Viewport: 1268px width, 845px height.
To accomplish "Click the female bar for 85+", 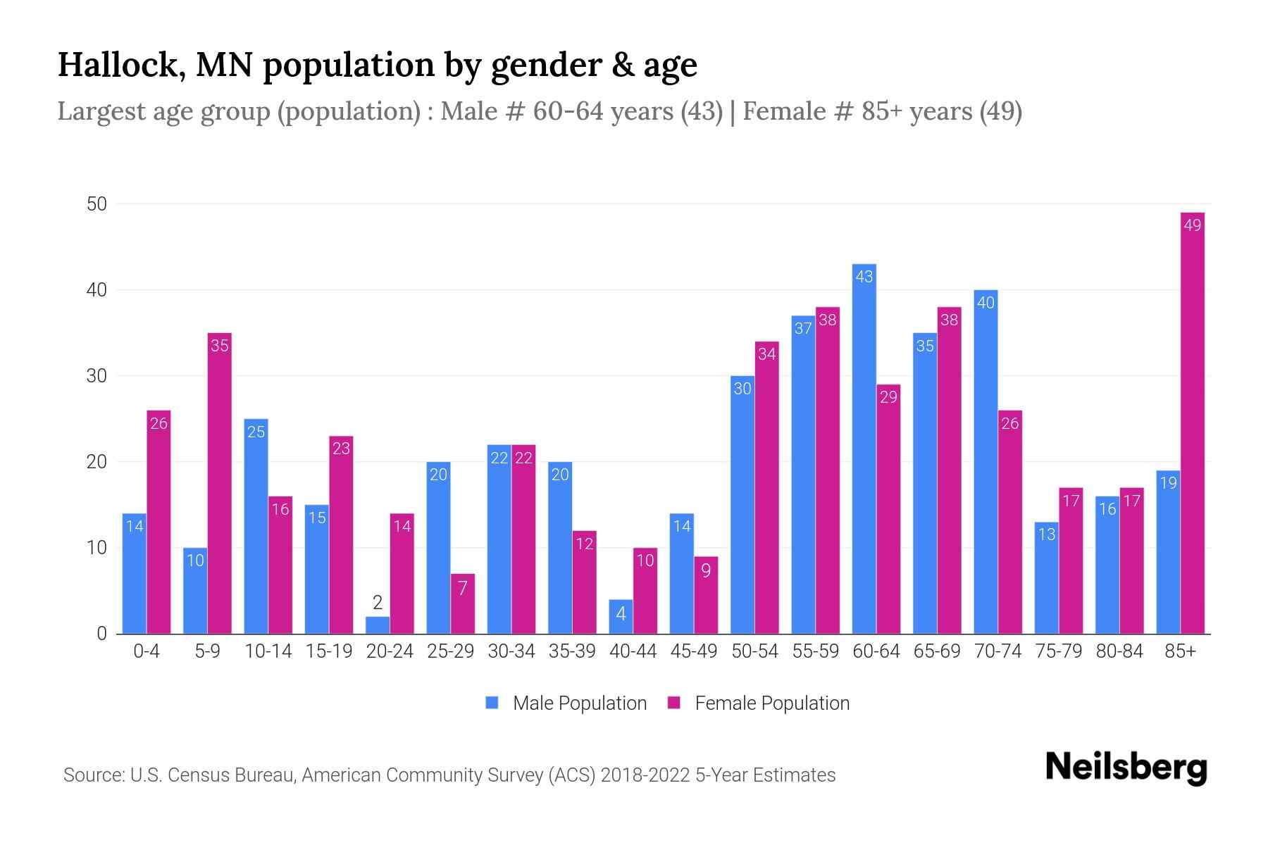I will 1192,423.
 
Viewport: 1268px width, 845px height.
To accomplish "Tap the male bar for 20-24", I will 378,625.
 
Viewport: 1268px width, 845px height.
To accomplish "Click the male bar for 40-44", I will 621,617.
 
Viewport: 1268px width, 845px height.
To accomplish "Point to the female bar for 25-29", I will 463,604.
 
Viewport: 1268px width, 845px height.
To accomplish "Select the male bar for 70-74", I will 986,462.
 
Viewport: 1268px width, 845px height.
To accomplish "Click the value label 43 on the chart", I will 864,277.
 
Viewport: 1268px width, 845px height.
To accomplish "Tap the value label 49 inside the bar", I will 1192,225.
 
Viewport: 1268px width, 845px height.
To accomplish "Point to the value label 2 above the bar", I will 378,603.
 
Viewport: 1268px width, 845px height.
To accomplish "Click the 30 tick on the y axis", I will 97,376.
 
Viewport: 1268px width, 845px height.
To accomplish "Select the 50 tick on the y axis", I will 97,204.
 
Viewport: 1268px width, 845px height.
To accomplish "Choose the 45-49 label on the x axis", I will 694,651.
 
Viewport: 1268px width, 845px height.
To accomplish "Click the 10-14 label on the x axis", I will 268,651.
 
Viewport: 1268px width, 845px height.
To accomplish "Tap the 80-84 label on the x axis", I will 1119,651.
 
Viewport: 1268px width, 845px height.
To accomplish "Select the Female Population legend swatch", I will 674,703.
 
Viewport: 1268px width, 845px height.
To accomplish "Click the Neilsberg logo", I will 1126,768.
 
